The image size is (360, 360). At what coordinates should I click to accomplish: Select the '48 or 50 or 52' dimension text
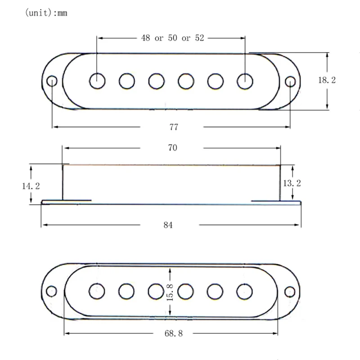(173, 38)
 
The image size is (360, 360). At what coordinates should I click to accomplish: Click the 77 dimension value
(174, 127)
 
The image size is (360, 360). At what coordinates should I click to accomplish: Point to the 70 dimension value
(172, 148)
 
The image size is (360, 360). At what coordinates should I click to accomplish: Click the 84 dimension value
(168, 225)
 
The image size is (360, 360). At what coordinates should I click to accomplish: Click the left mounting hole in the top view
(52, 81)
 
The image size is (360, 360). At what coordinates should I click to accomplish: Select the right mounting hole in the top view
(291, 81)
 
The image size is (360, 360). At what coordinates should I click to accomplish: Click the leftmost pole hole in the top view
(97, 81)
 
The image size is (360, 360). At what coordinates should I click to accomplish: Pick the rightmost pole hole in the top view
(245, 81)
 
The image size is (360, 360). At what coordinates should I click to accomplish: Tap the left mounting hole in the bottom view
(52, 291)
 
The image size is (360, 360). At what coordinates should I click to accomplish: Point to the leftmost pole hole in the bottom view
(97, 291)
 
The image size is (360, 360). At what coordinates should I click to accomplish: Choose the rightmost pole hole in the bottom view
(245, 291)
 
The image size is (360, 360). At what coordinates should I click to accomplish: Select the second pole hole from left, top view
(127, 81)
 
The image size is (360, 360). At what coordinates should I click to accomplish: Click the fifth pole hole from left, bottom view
(216, 291)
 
